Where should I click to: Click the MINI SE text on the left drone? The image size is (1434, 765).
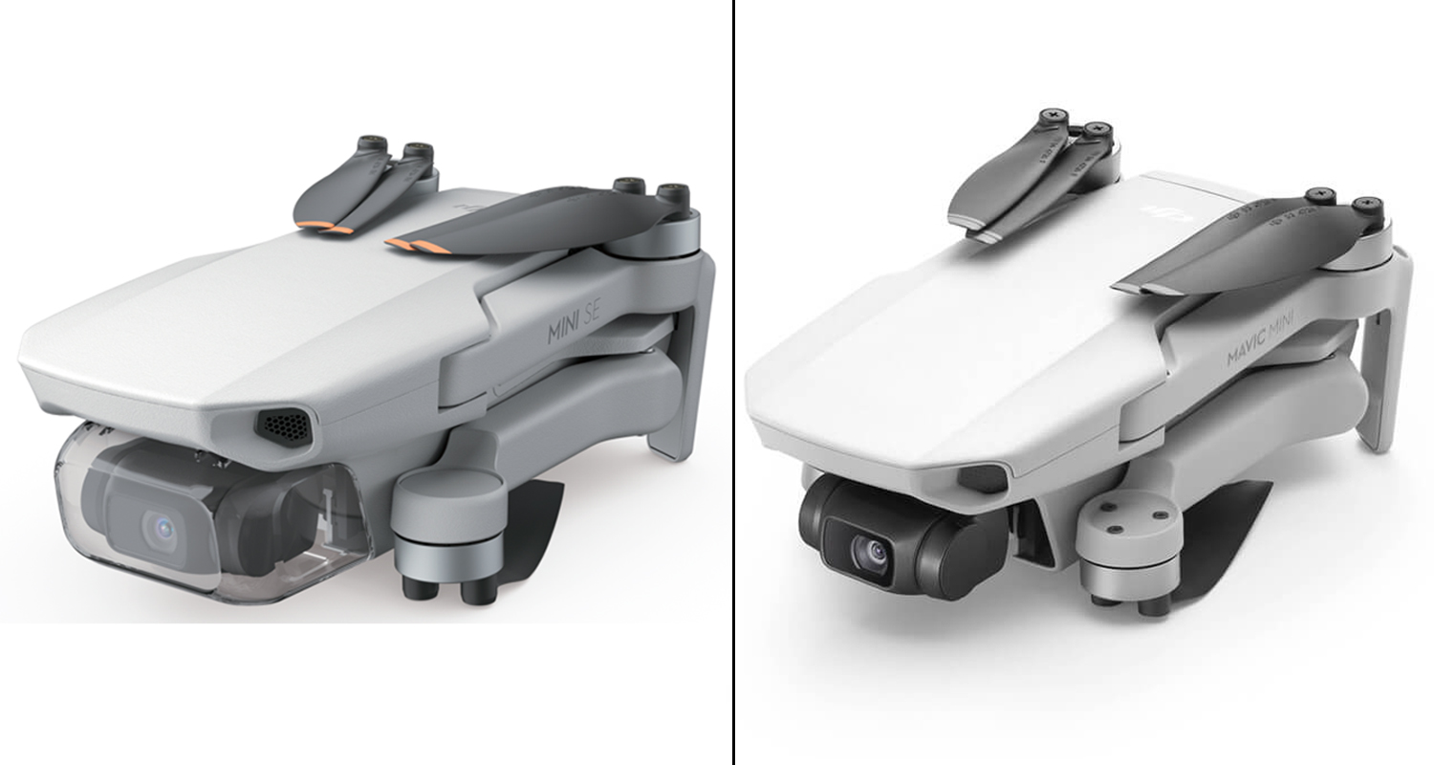pyautogui.click(x=575, y=326)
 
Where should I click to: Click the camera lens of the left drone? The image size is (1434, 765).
pyautogui.click(x=158, y=526)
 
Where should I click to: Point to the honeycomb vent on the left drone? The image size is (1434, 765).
pyautogui.click(x=283, y=426)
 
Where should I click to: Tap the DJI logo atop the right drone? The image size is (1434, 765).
pyautogui.click(x=1171, y=217)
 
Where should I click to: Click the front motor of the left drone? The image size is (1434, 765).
pyautogui.click(x=447, y=521)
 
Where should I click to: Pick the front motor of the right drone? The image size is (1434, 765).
pyautogui.click(x=1122, y=546)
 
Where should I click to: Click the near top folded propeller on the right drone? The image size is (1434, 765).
pyautogui.click(x=1243, y=244)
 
